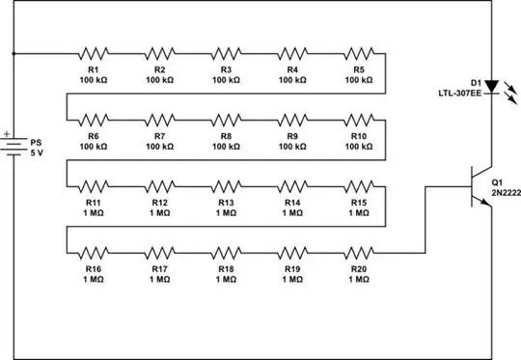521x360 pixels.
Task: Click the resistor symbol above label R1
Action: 94,53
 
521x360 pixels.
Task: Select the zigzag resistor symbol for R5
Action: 359,53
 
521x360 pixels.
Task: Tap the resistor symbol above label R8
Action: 226,121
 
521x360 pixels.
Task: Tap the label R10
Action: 359,136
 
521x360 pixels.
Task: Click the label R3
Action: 226,69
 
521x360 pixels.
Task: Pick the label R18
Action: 226,269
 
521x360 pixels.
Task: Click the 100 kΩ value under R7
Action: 160,146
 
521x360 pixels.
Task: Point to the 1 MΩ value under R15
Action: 359,212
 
